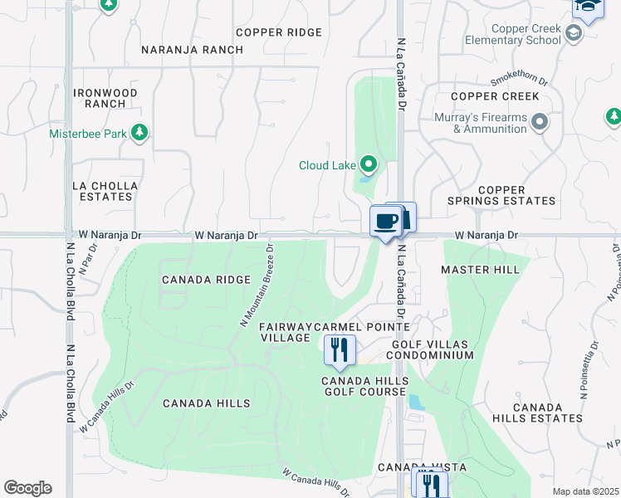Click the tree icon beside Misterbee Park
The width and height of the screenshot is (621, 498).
click(139, 133)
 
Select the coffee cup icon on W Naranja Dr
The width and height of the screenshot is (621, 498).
click(385, 222)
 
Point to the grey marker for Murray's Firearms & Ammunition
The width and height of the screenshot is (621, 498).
click(540, 124)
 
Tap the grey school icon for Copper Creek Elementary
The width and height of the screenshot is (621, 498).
click(572, 34)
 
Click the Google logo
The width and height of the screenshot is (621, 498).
click(27, 488)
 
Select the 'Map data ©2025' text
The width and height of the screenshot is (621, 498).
click(585, 491)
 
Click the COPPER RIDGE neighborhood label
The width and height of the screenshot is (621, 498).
click(278, 32)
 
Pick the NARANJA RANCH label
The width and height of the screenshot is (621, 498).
click(192, 50)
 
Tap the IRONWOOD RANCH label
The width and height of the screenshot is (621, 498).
click(105, 98)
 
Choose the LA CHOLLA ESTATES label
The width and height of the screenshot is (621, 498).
click(103, 191)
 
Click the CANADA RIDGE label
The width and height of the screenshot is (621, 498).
click(205, 280)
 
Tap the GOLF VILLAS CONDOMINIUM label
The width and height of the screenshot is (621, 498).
click(433, 349)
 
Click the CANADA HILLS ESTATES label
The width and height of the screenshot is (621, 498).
click(548, 413)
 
